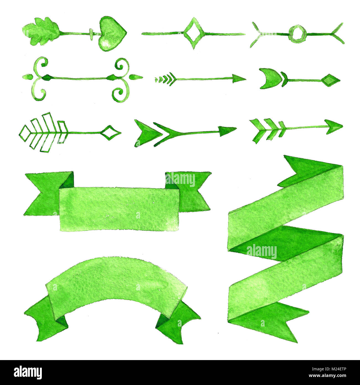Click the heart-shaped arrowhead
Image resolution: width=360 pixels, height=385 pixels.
[112, 34]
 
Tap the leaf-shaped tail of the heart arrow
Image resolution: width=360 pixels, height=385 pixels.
[41, 31]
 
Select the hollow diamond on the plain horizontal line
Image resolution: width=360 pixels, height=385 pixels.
[193, 33]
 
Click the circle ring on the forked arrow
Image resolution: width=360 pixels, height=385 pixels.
[297, 34]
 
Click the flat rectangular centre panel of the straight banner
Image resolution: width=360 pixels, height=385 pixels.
[119, 209]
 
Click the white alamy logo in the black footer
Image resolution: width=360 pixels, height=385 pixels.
[28, 373]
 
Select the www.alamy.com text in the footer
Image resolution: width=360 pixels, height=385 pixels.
[327, 376]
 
